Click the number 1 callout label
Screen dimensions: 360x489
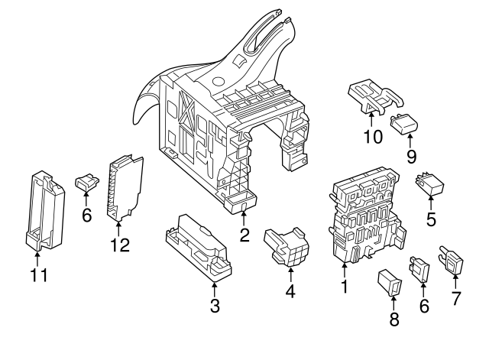[x=344, y=287]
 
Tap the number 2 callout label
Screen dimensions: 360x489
[x=244, y=235]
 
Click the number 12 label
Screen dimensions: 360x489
[x=119, y=245]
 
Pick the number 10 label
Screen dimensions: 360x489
[x=371, y=136]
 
